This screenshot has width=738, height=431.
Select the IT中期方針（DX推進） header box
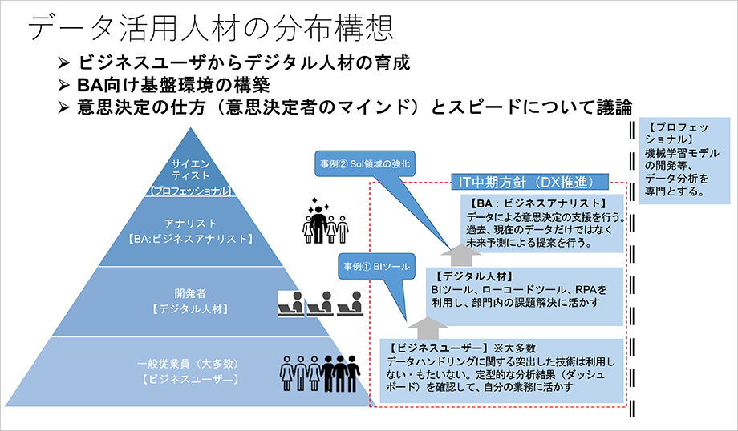[528, 182]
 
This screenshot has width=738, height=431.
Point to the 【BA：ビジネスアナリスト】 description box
[542, 223]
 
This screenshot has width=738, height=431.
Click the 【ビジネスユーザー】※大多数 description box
[501, 369]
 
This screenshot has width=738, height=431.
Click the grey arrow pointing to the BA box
[458, 253]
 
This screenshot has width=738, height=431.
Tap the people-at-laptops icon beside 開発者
[317, 303]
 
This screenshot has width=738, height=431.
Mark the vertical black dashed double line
[634, 272]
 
